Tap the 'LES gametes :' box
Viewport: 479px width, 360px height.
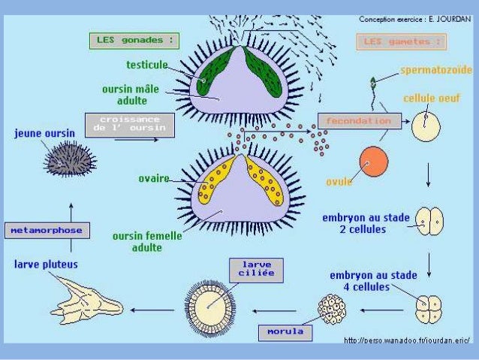click(x=401, y=42)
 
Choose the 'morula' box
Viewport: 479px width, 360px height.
click(x=285, y=331)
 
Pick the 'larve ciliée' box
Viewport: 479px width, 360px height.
click(x=256, y=270)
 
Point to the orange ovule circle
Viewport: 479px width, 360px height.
click(x=374, y=162)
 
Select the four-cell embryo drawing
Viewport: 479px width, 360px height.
click(x=429, y=308)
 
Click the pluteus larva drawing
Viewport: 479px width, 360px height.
click(x=86, y=299)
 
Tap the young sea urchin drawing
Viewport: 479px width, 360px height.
click(x=69, y=160)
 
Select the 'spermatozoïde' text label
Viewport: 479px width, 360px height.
click(x=435, y=70)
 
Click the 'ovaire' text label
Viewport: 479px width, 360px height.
click(x=153, y=178)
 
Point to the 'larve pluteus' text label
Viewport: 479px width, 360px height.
click(x=46, y=265)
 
